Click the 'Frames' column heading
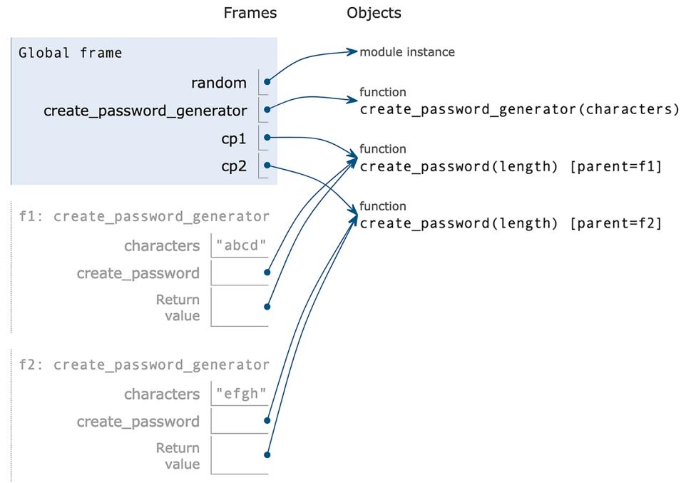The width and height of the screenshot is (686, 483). [250, 13]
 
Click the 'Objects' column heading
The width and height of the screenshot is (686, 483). [374, 13]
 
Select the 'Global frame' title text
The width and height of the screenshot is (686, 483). [70, 53]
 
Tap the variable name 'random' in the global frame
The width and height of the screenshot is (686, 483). [218, 83]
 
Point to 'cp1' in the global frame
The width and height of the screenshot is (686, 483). [233, 138]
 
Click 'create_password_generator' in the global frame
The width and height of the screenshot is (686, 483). [145, 111]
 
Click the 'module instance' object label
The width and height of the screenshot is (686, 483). [407, 52]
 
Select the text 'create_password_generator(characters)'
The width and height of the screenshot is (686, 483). [519, 109]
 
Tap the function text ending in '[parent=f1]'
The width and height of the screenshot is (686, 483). [511, 166]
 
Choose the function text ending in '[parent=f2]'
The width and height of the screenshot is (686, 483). [511, 223]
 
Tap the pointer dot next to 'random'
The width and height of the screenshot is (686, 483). [266, 83]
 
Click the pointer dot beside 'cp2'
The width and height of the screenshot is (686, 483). [266, 166]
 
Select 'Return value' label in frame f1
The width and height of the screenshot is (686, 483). [178, 307]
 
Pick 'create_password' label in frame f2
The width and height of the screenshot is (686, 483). [138, 421]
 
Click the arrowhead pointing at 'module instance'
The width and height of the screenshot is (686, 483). [352, 51]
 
